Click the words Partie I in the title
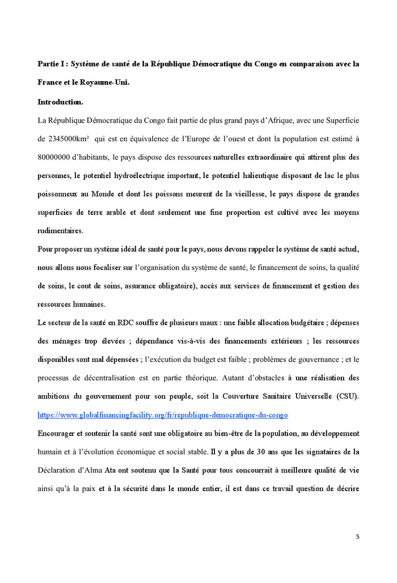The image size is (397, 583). coord(52,64)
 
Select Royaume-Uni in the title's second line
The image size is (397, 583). coord(109,82)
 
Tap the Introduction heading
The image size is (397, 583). coord(60,102)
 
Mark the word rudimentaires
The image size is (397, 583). coord(60,231)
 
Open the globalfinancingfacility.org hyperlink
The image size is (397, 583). coord(163,415)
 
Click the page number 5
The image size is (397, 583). coord(357,536)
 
